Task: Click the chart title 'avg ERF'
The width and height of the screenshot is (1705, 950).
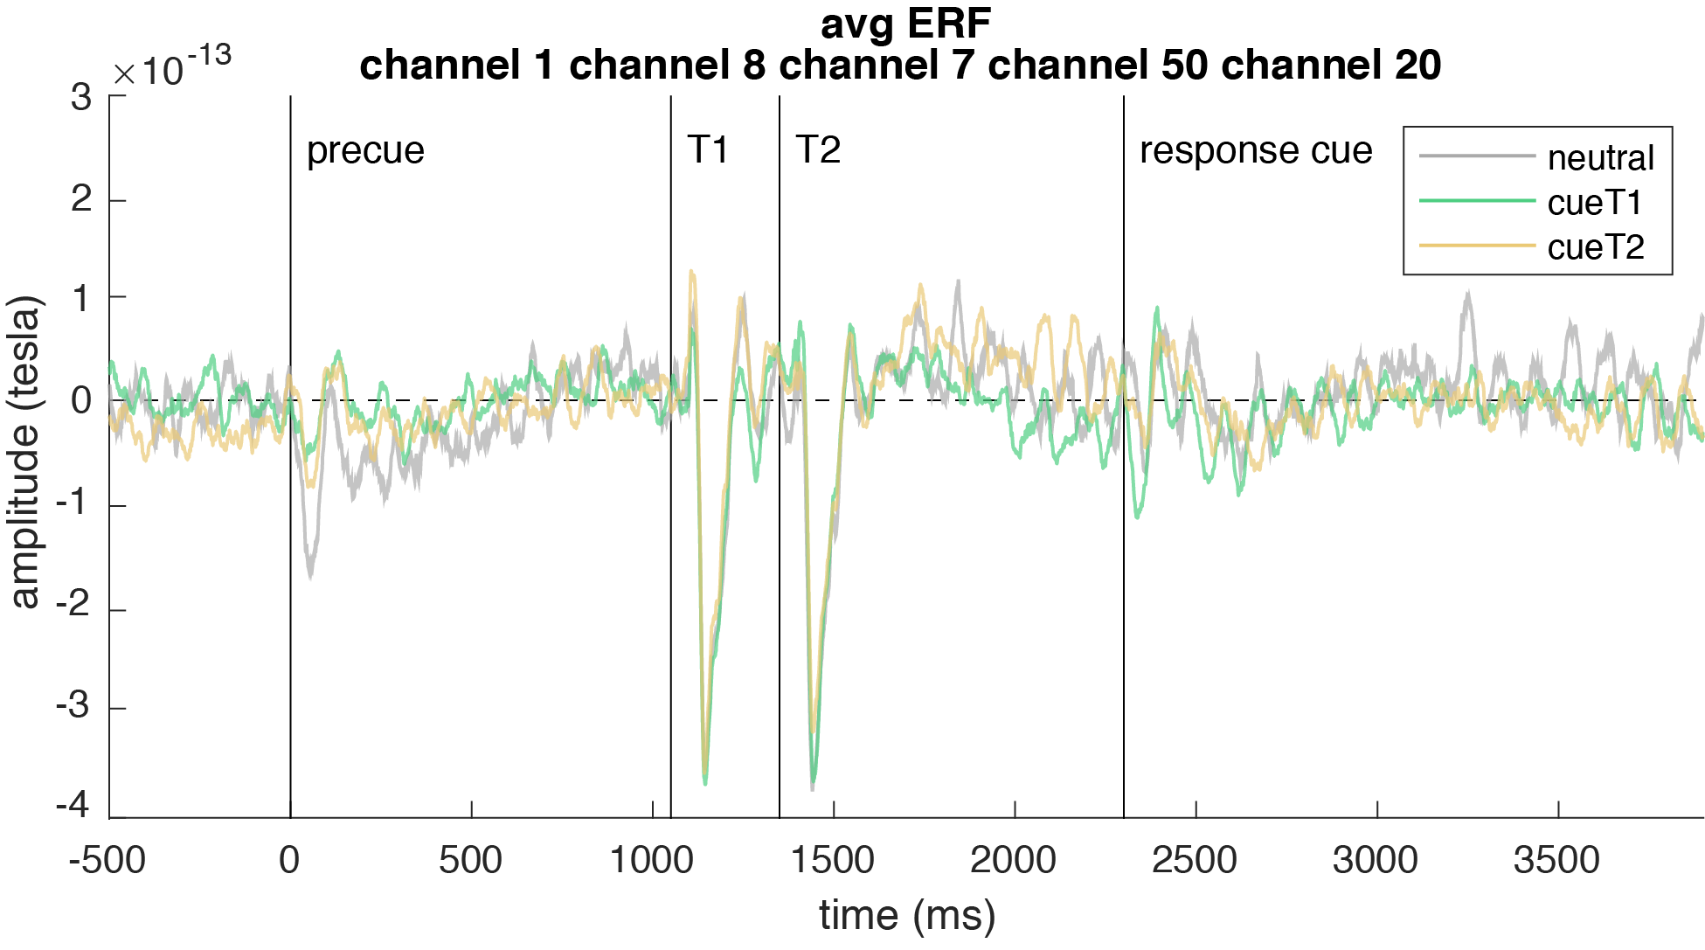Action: point(905,24)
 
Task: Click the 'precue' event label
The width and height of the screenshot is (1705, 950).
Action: point(365,150)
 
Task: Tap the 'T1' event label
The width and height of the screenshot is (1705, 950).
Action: point(708,150)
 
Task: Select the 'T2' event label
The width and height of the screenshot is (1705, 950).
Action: point(818,150)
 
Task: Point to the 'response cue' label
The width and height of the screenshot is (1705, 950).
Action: point(1256,150)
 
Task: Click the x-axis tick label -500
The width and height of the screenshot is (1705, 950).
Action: point(107,860)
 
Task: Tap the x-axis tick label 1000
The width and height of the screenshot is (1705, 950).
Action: point(652,860)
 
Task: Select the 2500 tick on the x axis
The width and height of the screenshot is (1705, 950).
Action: point(1195,860)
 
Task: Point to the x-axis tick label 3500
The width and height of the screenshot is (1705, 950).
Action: point(1556,860)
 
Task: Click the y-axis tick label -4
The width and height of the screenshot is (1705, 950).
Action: point(73,804)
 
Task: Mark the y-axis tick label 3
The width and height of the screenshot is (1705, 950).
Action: point(81,98)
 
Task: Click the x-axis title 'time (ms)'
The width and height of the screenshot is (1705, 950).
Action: point(907,916)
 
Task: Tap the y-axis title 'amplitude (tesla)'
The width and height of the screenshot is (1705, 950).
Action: point(24,452)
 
